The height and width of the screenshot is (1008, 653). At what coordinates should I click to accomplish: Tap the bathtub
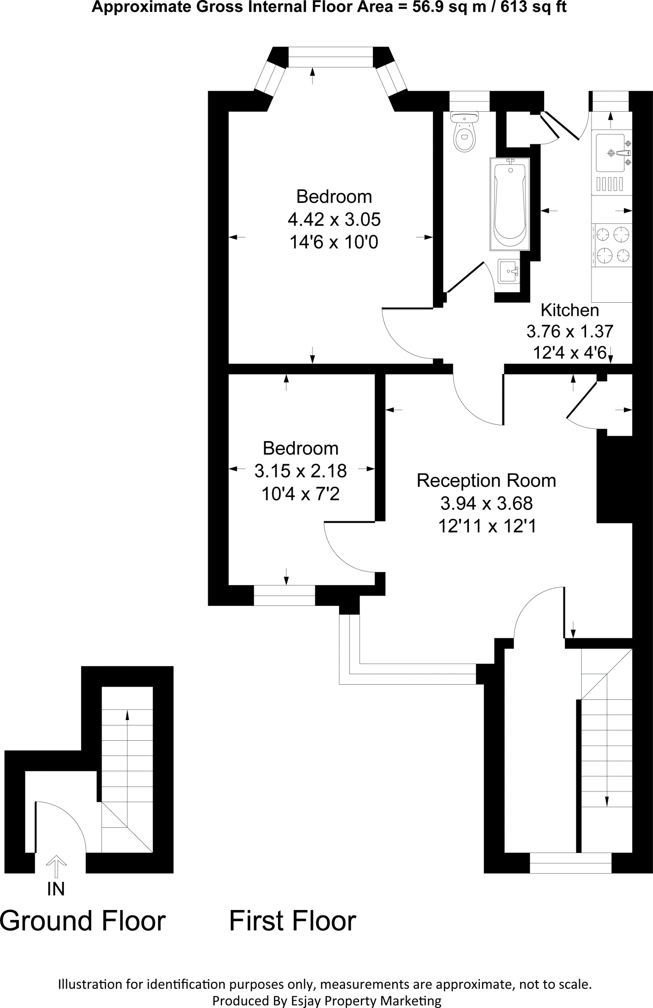(509, 204)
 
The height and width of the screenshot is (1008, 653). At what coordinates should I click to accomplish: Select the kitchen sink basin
(610, 153)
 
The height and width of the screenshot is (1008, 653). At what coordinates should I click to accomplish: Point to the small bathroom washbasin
(508, 271)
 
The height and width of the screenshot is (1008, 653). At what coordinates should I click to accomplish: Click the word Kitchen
(569, 310)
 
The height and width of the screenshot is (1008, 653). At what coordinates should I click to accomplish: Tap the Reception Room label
(486, 480)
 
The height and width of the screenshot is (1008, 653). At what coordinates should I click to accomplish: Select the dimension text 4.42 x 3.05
(334, 219)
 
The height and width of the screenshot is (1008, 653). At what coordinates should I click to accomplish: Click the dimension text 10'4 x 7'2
(300, 494)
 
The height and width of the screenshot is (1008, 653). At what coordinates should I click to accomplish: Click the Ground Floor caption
(83, 921)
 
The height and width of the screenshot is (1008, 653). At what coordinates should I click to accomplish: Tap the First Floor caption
(292, 921)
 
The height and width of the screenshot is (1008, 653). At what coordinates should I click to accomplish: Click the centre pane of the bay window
(330, 57)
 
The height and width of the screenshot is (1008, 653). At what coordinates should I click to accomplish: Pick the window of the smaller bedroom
(284, 595)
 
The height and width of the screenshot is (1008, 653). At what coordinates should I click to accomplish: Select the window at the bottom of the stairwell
(570, 863)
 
